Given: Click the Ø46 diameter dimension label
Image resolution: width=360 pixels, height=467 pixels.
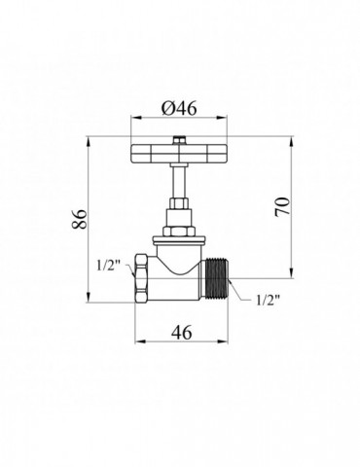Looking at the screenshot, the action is (179, 109).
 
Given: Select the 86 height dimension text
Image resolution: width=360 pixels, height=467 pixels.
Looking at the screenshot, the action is (80, 219).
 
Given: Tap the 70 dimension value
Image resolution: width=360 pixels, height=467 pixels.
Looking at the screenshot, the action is (282, 206).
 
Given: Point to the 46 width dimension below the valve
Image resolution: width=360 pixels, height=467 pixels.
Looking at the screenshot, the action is (182, 332).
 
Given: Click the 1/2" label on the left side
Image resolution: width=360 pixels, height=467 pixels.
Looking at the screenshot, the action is (108, 266).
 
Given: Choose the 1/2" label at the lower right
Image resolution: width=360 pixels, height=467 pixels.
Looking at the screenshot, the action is (268, 300).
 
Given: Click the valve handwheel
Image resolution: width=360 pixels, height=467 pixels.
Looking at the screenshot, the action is (179, 154).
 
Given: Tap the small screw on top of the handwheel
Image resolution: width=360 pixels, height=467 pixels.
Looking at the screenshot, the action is (179, 141).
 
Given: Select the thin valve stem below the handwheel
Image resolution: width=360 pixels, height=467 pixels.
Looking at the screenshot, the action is (179, 180).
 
